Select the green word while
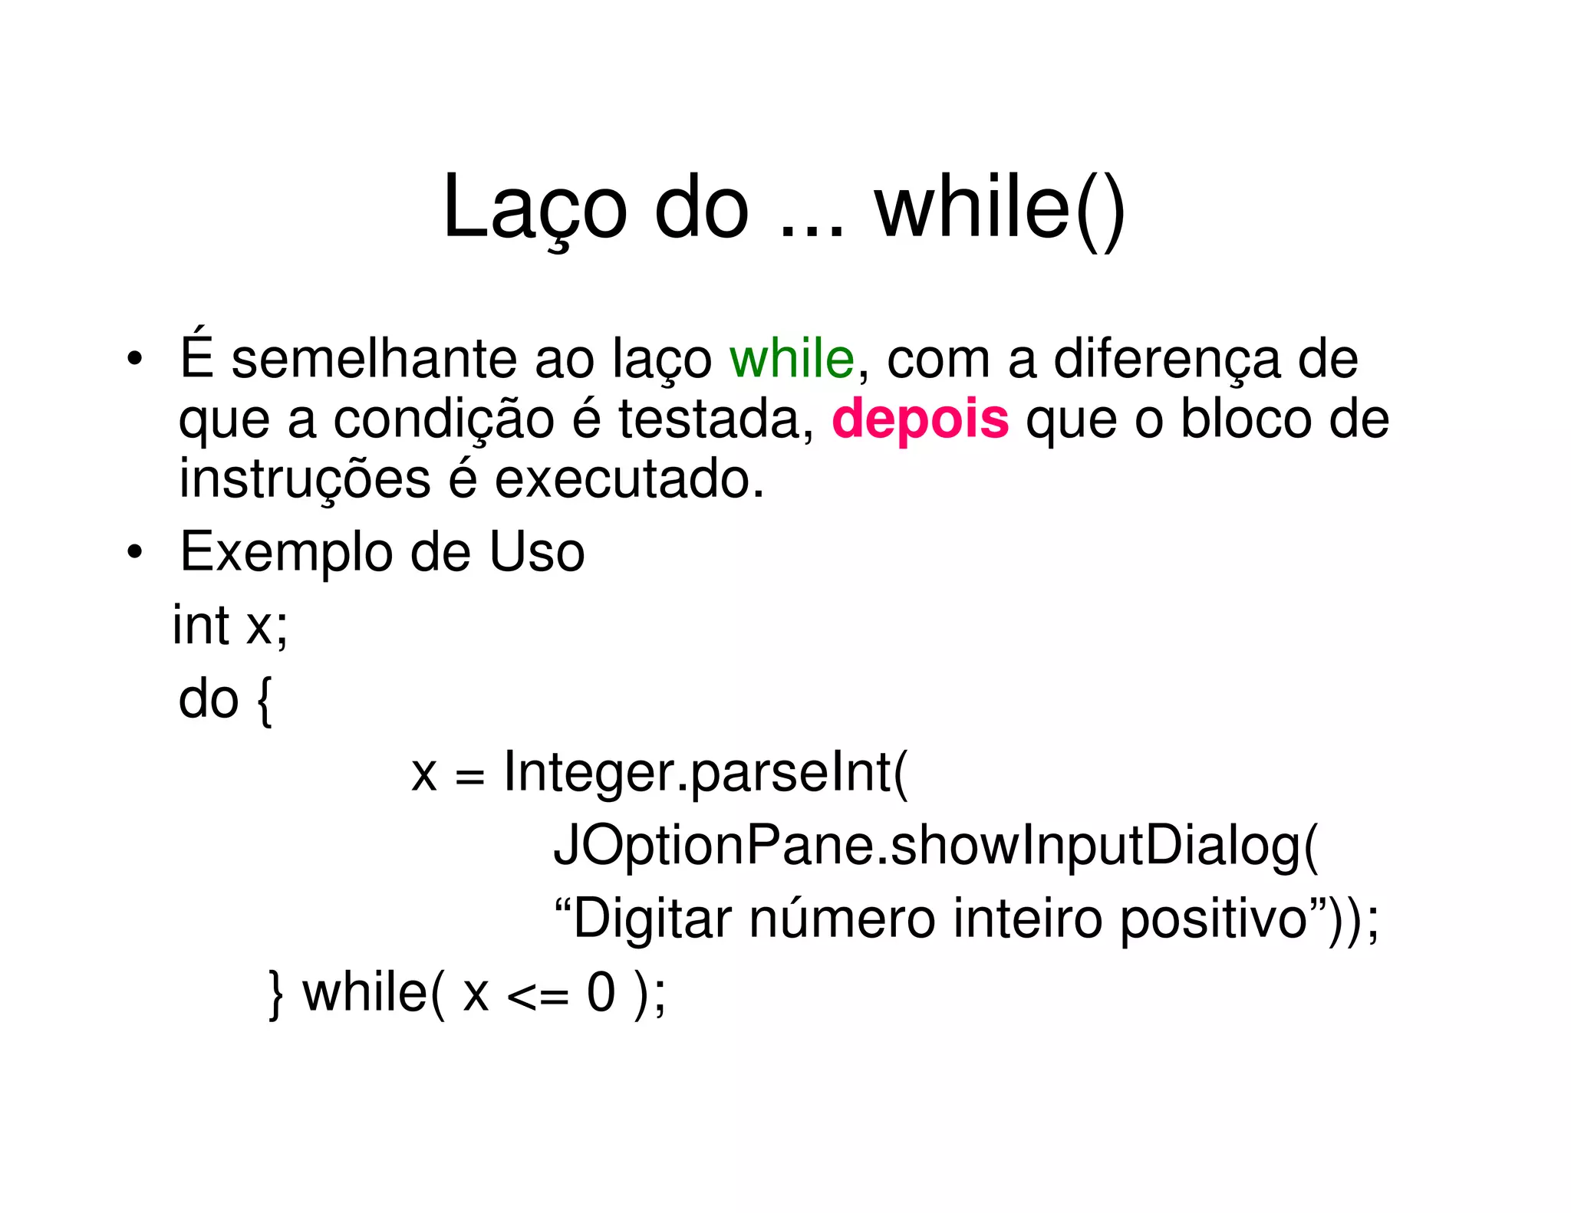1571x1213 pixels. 791,359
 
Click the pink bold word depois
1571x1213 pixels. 920,419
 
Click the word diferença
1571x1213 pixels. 1167,359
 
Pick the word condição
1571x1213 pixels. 443,419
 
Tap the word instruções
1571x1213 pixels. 305,479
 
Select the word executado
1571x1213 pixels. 629,479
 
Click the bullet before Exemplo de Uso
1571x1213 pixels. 135,552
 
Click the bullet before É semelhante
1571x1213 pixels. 135,359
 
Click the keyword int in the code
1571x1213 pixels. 200,625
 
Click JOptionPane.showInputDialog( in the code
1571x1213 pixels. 935,846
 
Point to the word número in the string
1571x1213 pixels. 841,918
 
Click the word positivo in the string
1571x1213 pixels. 1212,918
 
